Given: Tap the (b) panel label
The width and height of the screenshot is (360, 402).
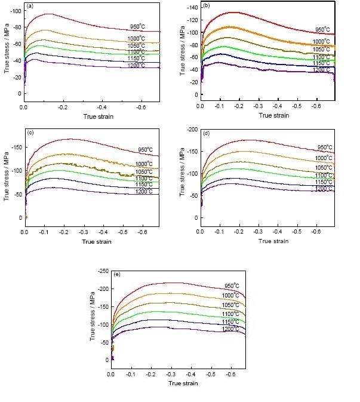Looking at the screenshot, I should click(206, 5).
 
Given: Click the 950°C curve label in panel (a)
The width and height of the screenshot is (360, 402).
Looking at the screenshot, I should click(138, 26).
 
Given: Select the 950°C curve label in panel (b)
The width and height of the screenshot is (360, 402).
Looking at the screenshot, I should click(325, 29).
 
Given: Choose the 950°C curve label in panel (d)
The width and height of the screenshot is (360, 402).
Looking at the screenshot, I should click(325, 147).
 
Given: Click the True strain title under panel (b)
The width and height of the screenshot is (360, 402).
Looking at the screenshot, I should click(267, 113).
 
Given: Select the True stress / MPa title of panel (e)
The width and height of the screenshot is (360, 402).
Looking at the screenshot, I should click(93, 317).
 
